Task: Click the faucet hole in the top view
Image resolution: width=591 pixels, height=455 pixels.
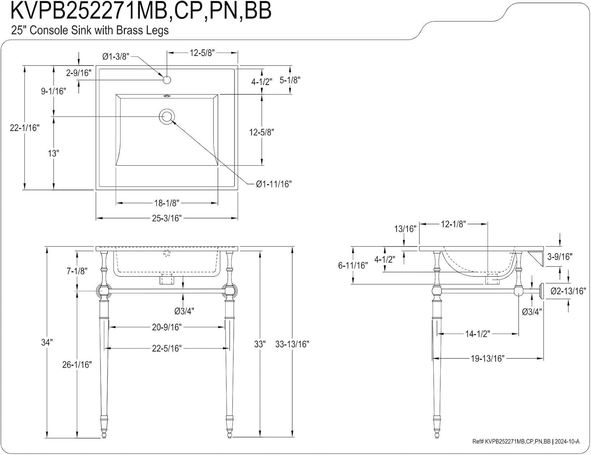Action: tap(167, 80)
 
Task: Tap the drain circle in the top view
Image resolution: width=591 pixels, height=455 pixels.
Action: tap(166, 116)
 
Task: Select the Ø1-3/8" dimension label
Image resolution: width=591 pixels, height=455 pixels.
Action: tap(116, 57)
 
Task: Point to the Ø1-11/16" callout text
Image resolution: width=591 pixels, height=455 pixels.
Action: tap(273, 184)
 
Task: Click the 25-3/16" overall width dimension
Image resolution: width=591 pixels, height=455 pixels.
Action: tap(167, 218)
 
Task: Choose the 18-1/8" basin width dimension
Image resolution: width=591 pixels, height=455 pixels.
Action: tap(167, 203)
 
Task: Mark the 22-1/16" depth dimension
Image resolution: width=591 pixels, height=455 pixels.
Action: tap(25, 128)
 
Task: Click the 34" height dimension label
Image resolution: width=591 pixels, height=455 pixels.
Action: tap(47, 342)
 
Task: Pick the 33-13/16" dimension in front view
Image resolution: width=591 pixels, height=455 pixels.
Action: tap(292, 344)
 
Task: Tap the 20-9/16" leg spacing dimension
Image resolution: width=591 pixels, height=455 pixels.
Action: tap(167, 327)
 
